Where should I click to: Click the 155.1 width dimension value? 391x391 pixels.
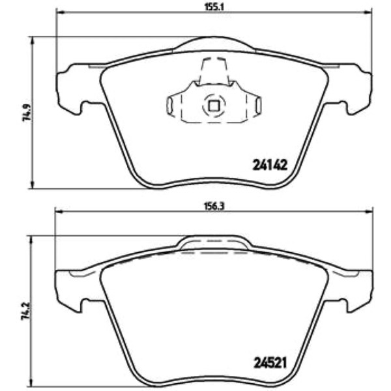214,7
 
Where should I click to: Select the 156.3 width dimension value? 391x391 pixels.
214,207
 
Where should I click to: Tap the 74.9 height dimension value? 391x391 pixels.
27,112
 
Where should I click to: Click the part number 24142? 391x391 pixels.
270,165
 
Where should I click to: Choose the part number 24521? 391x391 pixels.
270,363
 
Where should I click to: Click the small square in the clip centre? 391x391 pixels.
214,106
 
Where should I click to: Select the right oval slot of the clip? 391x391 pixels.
259,105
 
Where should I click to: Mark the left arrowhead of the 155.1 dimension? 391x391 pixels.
61,12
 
